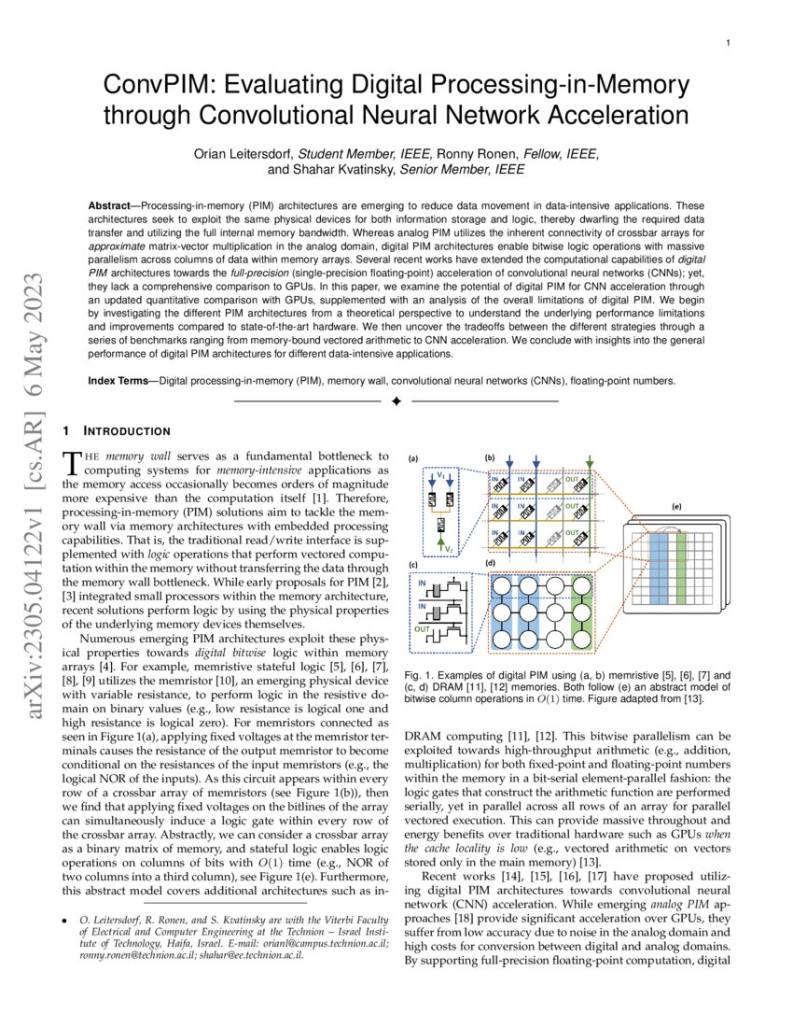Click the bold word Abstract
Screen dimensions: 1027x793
click(x=114, y=204)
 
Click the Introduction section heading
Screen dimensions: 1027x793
click(x=126, y=430)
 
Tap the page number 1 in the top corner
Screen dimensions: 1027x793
click(x=728, y=43)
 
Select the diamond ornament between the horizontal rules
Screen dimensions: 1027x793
click(x=396, y=401)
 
